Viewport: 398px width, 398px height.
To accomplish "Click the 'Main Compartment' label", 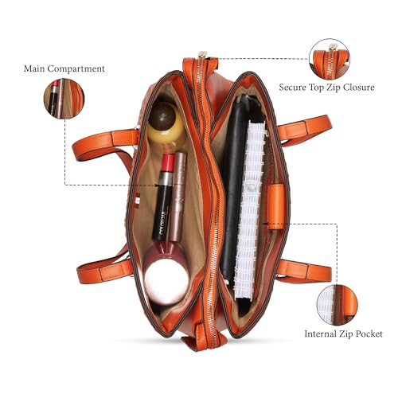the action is (x=64, y=68).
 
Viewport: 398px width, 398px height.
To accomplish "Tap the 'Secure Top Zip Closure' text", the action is (x=326, y=88).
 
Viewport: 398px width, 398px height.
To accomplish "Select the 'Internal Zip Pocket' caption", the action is (x=343, y=334).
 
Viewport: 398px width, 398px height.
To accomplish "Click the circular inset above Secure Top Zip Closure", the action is (x=330, y=59).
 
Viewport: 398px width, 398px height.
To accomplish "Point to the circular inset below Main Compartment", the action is (x=64, y=98).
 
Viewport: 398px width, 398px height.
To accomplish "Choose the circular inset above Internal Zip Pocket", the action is (x=337, y=305).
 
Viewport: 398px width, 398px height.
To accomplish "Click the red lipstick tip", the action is (x=168, y=162).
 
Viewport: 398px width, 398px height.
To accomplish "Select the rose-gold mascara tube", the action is (x=178, y=197).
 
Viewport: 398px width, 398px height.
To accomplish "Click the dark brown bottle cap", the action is (x=162, y=116).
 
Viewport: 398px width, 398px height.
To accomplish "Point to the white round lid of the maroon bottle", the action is (x=166, y=282).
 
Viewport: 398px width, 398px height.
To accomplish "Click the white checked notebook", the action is (x=250, y=209).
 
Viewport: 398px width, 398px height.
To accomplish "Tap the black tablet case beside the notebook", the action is (x=233, y=185).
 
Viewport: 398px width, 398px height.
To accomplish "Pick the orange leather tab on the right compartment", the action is (x=277, y=206).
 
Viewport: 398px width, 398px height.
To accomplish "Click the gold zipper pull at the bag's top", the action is (x=203, y=54).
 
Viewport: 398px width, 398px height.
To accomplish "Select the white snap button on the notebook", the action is (x=250, y=188).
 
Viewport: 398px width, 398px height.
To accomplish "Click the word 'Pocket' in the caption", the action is (x=369, y=334).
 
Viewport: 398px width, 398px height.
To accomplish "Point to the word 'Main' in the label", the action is (x=34, y=68).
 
